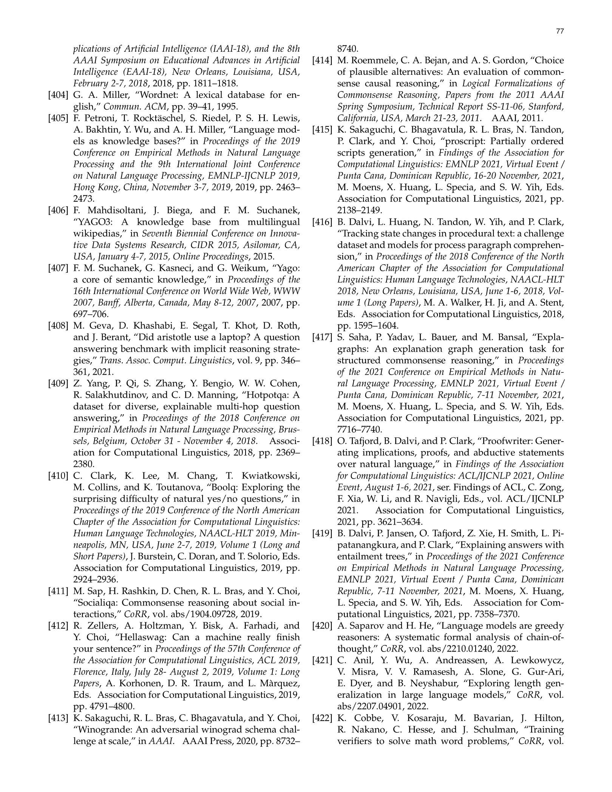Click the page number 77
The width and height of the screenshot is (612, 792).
tap(560, 32)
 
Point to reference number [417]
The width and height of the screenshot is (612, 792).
tap(322, 338)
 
